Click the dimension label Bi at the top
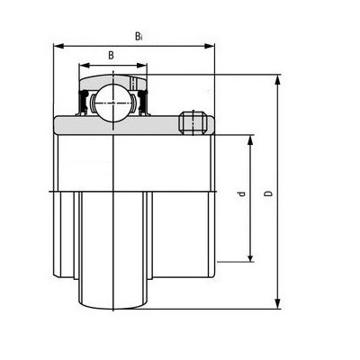[x=138, y=36]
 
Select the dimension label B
[x=112, y=55]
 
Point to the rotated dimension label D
[x=269, y=193]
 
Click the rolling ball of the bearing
[x=113, y=103]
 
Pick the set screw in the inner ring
[x=193, y=122]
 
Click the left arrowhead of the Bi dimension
[x=58, y=46]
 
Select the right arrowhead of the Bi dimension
[x=210, y=46]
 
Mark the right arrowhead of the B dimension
[x=141, y=66]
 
